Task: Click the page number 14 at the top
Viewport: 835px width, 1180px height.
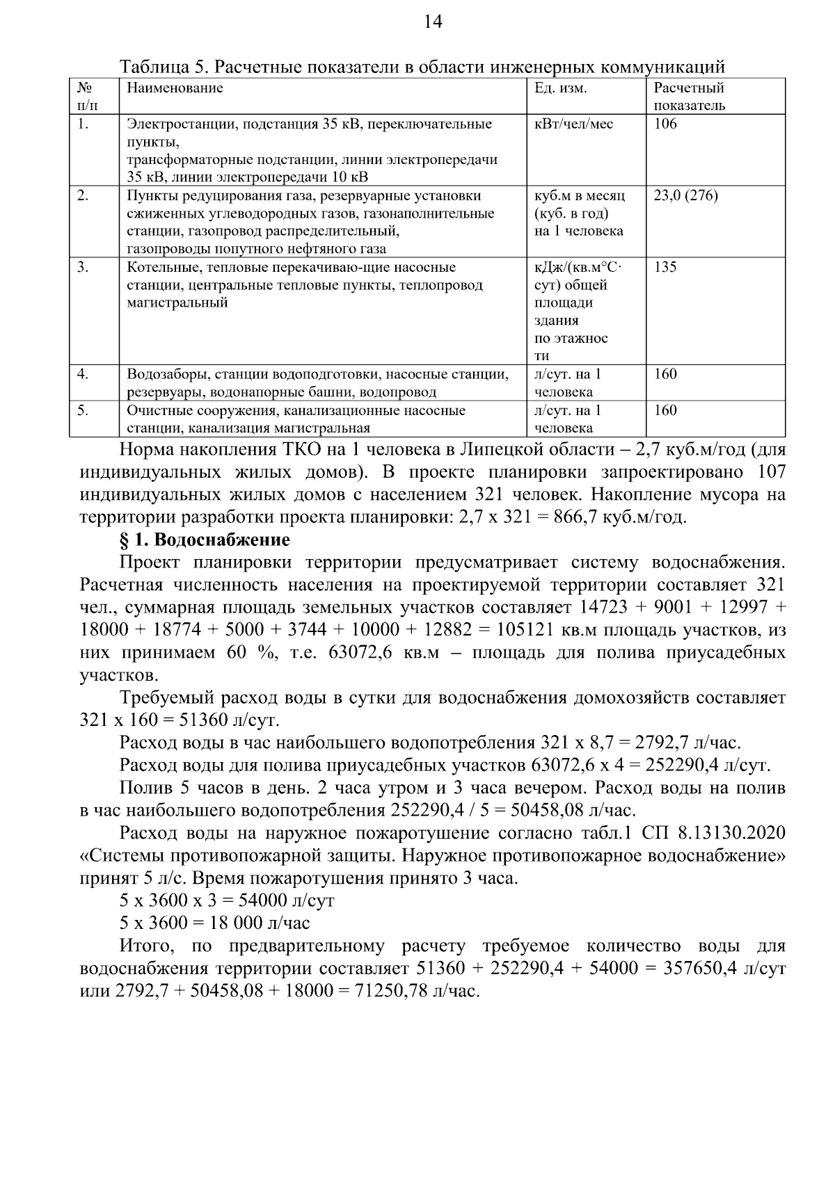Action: pos(433,22)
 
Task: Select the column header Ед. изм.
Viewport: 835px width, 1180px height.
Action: pos(560,88)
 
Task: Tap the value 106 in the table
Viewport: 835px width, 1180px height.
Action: pos(665,124)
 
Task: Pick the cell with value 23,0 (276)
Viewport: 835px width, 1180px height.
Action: pos(685,196)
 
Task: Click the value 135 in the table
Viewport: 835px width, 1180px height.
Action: pos(665,268)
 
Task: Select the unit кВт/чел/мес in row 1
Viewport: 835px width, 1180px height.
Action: pos(574,124)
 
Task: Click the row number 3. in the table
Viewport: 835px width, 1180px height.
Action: pos(83,268)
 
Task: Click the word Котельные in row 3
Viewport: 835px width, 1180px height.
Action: pos(158,268)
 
